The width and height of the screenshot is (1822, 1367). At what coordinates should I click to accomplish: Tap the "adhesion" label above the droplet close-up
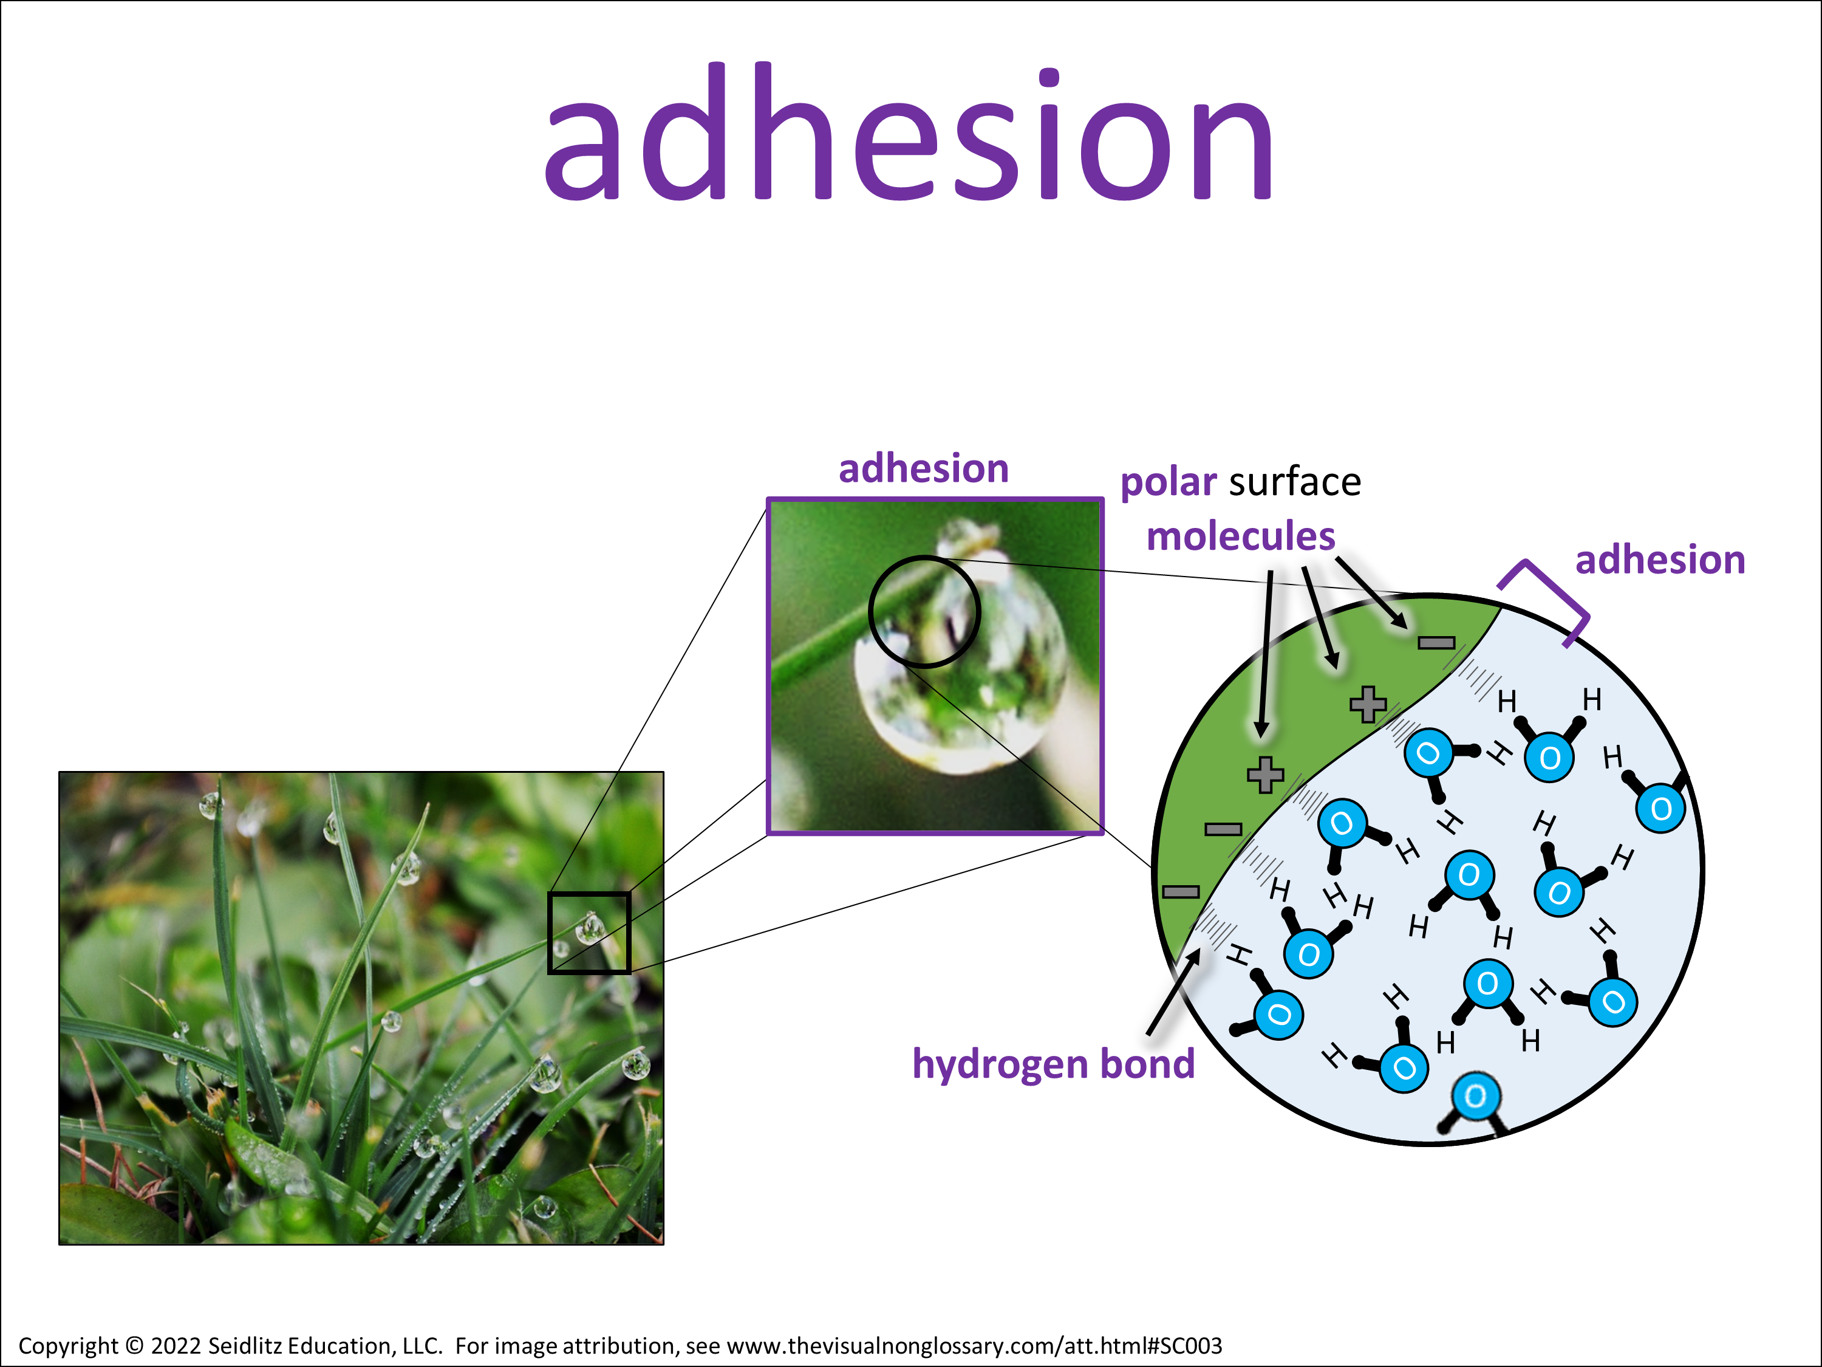pos(923,469)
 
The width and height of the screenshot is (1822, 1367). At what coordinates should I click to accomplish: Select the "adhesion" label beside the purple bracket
pos(1660,560)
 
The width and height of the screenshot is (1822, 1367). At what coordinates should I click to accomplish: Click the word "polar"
pos(1168,483)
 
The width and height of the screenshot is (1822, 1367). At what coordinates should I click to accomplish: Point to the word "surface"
pos(1295,481)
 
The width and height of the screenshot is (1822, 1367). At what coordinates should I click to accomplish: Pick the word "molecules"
pos(1240,536)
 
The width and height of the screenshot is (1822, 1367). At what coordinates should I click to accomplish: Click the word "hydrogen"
pos(1001,1064)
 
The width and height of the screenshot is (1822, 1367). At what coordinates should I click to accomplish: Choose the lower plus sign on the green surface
pos(1265,775)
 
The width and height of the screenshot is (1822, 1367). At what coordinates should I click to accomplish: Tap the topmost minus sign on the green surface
pos(1436,643)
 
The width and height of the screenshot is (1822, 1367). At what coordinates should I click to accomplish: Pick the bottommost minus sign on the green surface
pos(1180,891)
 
